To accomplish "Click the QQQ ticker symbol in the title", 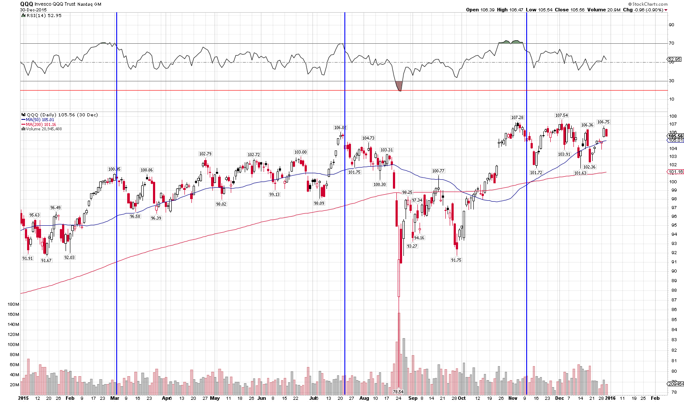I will coord(26,4).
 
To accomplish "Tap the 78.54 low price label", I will coord(398,392).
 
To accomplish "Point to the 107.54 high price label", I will coord(561,115).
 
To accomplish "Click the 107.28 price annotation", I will coord(517,118).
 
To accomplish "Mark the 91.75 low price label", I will coord(456,260).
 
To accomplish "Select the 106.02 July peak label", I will coord(340,128).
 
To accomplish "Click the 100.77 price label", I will coord(438,171).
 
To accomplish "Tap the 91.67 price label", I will coord(46,261).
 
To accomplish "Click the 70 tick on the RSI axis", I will coord(671,43).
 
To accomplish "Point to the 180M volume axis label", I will coord(13,304).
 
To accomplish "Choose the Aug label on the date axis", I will coord(364,399).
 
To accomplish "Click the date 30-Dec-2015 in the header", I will coord(34,10).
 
